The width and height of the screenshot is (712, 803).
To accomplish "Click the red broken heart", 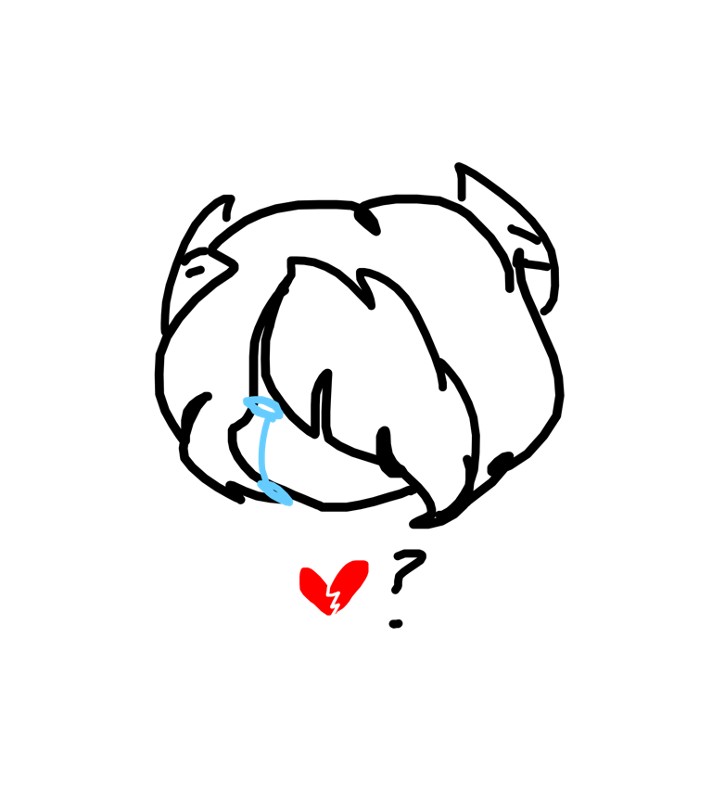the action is [x=333, y=587].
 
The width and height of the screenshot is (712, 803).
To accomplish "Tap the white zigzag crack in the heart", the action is [x=333, y=599].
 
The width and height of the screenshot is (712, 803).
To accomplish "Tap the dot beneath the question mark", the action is [x=396, y=623].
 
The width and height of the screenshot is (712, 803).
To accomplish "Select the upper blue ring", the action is [x=263, y=408].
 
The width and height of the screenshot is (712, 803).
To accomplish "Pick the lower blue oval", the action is [x=274, y=492].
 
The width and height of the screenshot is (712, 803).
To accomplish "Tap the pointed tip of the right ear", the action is [x=458, y=165].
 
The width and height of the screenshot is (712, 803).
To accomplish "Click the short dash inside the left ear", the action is [x=195, y=271].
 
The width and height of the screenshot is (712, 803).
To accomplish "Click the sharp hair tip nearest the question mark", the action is [x=414, y=524].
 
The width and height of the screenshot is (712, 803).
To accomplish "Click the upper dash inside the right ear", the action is [x=525, y=234].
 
